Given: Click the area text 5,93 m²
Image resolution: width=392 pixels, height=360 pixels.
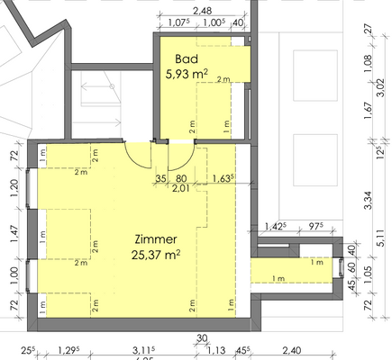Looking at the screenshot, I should click(187, 75).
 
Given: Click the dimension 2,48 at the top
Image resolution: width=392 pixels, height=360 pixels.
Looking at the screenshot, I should click(201, 10).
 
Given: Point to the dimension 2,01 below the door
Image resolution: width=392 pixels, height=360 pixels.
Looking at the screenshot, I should click(180, 189).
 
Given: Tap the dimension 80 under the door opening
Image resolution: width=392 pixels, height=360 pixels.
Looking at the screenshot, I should click(181, 178).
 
